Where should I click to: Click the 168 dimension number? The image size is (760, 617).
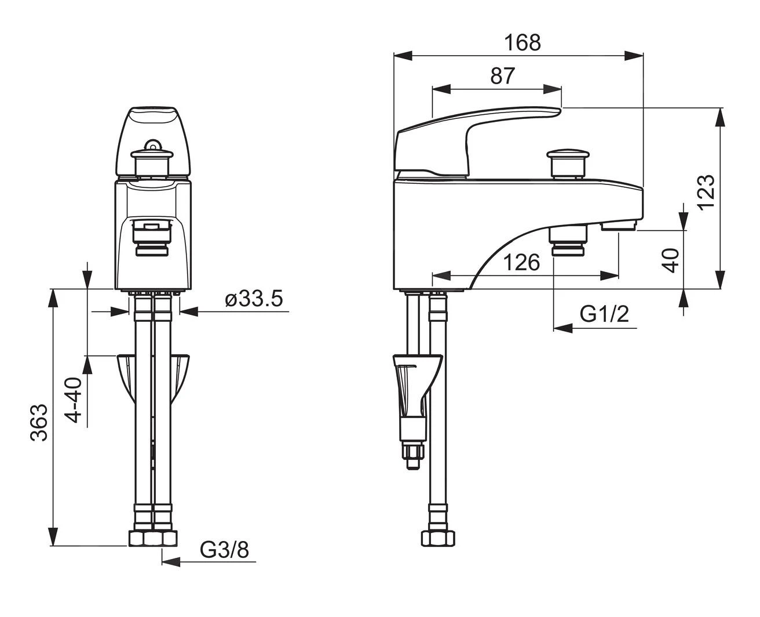pyautogui.click(x=522, y=43)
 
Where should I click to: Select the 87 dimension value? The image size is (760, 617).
pyautogui.click(x=502, y=76)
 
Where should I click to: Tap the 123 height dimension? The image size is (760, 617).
pyautogui.click(x=707, y=193)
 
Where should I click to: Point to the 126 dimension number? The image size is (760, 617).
pyautogui.click(x=521, y=263)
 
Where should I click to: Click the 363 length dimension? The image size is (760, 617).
pyautogui.click(x=39, y=423)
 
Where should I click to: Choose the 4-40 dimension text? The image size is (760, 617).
pyautogui.click(x=73, y=400)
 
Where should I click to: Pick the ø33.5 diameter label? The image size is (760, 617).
pyautogui.click(x=254, y=299)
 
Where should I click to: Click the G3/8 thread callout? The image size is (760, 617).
pyautogui.click(x=224, y=550)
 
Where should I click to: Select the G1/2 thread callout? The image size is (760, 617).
pyautogui.click(x=604, y=314)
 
